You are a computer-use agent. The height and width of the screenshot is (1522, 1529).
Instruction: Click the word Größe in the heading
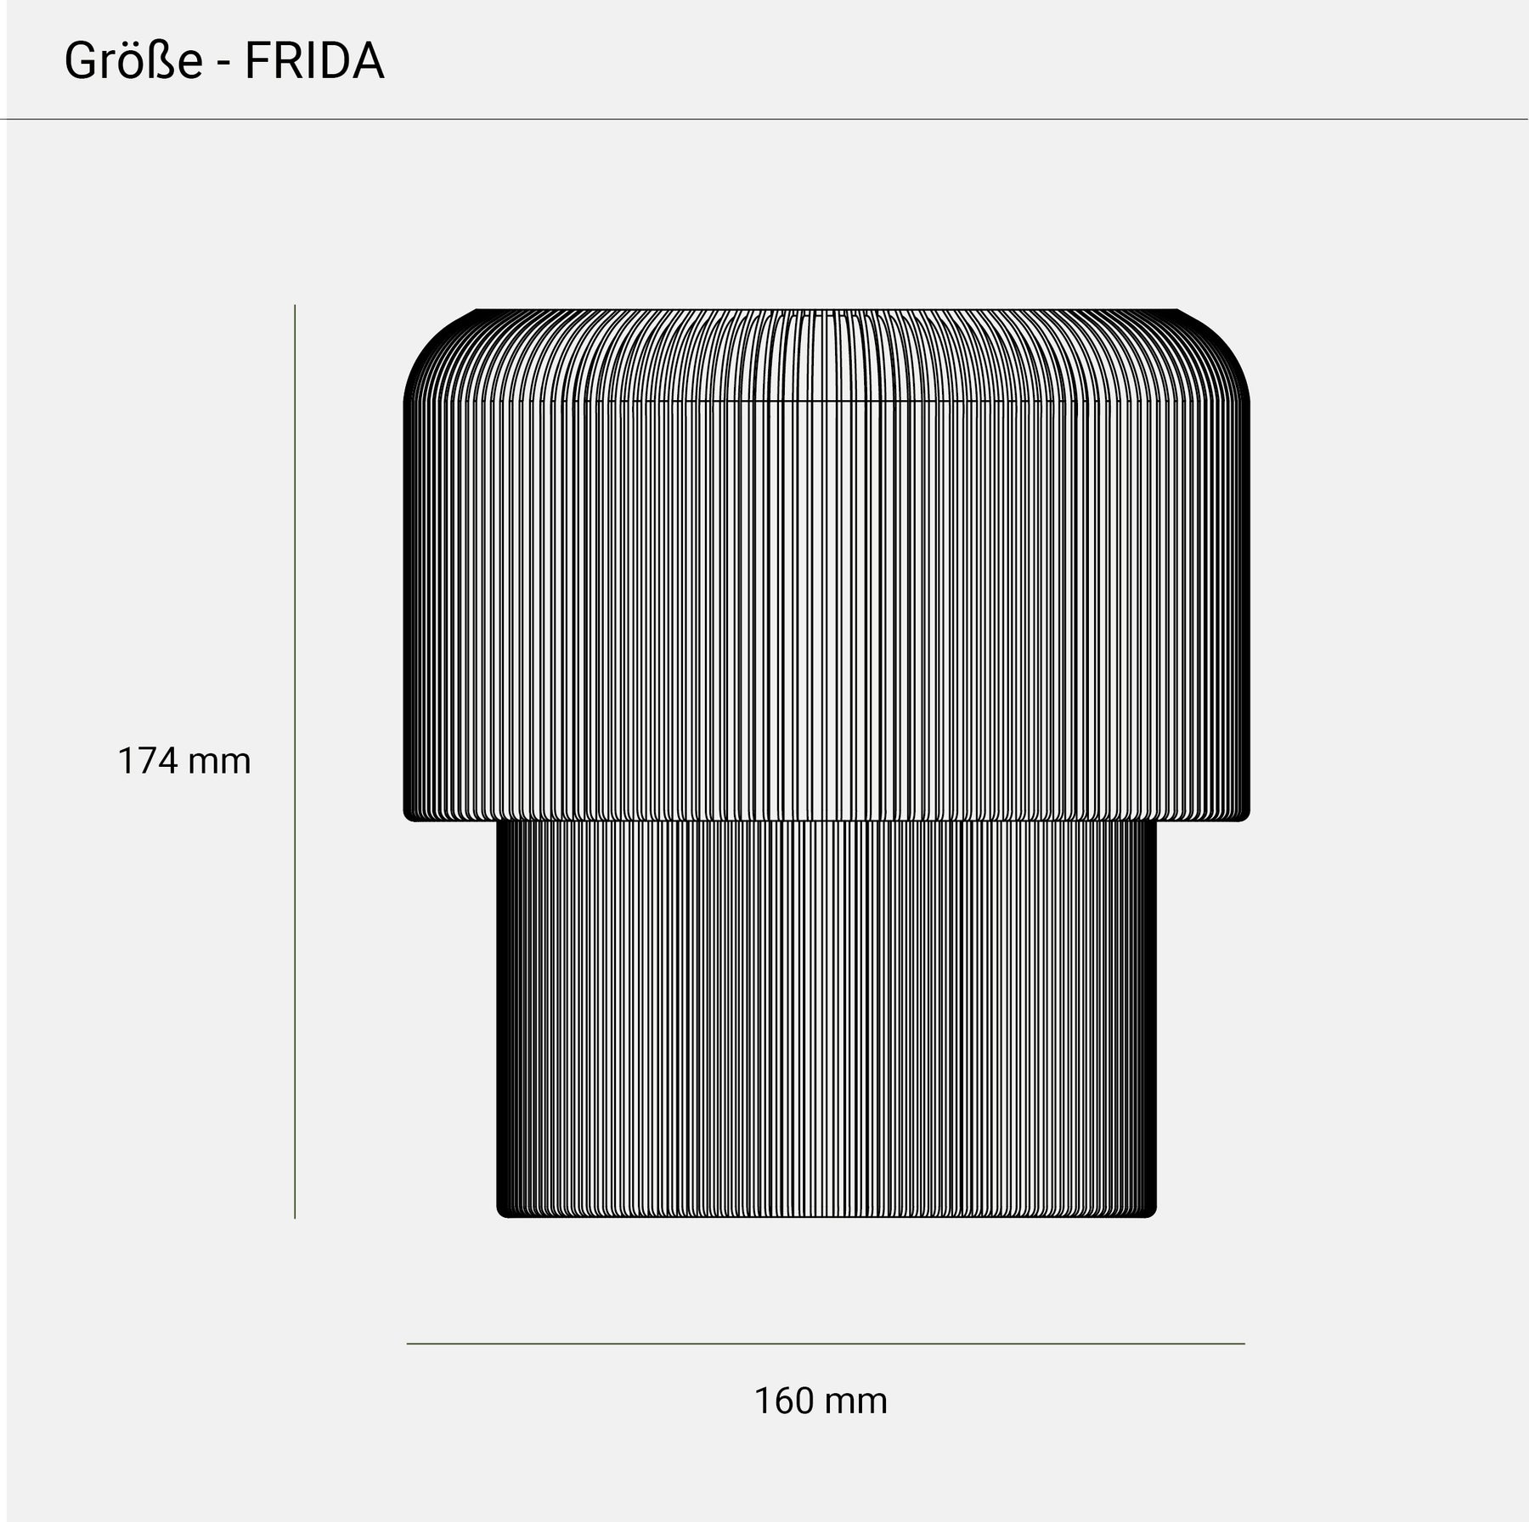click(133, 62)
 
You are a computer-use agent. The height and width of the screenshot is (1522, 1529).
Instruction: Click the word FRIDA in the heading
click(314, 62)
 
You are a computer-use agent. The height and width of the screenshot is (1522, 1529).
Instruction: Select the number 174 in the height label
click(147, 761)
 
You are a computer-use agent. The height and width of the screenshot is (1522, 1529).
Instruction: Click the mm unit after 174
click(219, 762)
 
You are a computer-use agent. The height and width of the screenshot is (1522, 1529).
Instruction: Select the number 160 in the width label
click(784, 1401)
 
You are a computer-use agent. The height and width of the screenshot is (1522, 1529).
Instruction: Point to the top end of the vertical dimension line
click(295, 307)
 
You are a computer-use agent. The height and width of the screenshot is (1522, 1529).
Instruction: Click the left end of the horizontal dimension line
click(409, 1344)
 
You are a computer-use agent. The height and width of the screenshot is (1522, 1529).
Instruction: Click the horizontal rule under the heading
click(764, 119)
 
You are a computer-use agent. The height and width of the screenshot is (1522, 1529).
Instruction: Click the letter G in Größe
click(80, 62)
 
